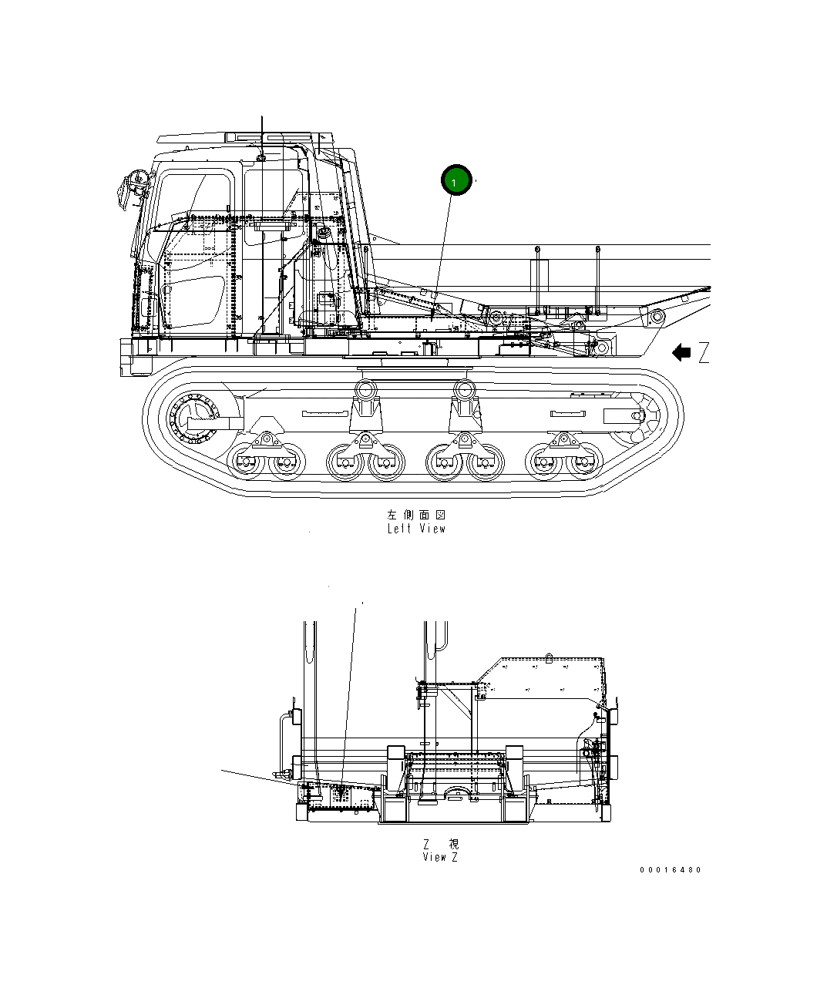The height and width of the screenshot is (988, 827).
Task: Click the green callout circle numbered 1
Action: coord(455,181)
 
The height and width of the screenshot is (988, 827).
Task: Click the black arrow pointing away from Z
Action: coord(681,353)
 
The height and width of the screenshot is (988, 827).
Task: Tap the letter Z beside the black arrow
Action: coord(703,354)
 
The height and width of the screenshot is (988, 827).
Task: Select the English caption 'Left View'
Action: coord(416,529)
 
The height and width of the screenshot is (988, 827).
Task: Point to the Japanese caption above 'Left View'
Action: coord(416,514)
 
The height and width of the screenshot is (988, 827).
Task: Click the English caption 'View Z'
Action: coord(440,857)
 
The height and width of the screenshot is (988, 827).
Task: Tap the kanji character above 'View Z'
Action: coord(452,845)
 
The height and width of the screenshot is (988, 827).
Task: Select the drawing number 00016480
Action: coord(670,870)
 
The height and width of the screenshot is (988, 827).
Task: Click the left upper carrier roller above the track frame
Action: coord(365,388)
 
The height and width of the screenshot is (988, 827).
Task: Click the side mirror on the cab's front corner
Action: coord(131,188)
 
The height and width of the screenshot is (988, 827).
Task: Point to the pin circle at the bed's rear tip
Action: coord(657,317)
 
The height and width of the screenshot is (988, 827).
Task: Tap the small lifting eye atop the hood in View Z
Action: coord(548,657)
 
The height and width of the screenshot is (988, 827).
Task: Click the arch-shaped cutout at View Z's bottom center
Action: coord(456,794)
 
